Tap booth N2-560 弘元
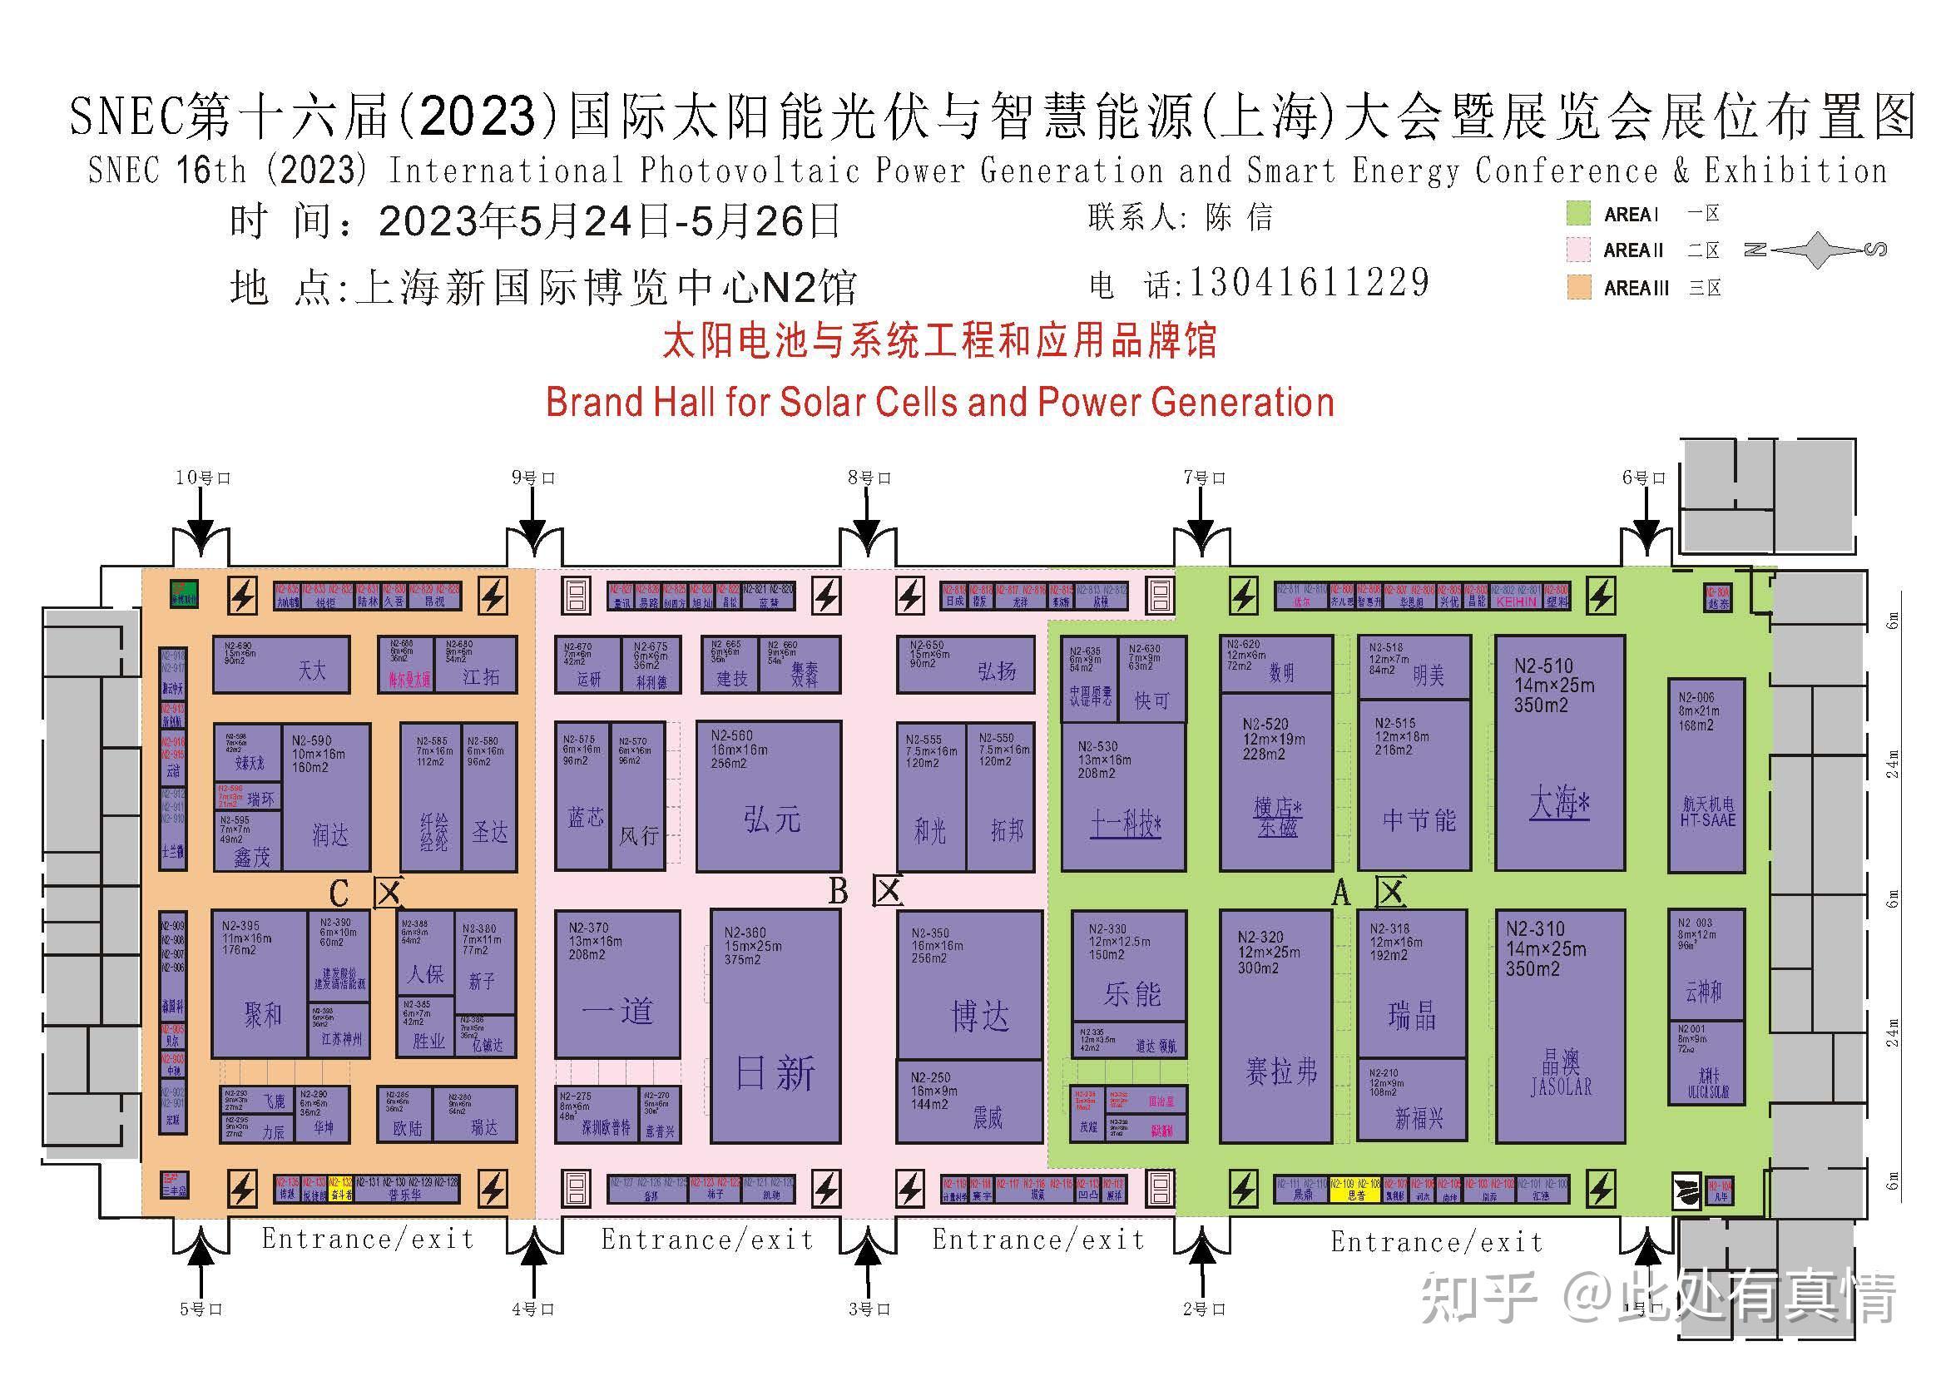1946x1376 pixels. pyautogui.click(x=769, y=795)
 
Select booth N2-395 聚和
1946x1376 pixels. pyautogui.click(x=260, y=983)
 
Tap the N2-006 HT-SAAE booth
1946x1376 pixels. pyautogui.click(x=1706, y=775)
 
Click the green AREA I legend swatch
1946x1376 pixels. pyautogui.click(x=1578, y=214)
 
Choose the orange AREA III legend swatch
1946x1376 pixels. pyautogui.click(x=1578, y=287)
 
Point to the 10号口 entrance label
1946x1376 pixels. pyautogui.click(x=202, y=478)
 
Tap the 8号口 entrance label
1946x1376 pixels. pyautogui.click(x=869, y=478)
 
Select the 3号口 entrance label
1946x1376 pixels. pyautogui.click(x=869, y=1309)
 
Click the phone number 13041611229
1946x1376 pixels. pyautogui.click(x=1310, y=283)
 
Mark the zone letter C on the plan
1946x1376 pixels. pyautogui.click(x=338, y=893)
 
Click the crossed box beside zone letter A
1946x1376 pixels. pyautogui.click(x=1391, y=891)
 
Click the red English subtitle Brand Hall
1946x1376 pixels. pyautogui.click(x=939, y=402)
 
